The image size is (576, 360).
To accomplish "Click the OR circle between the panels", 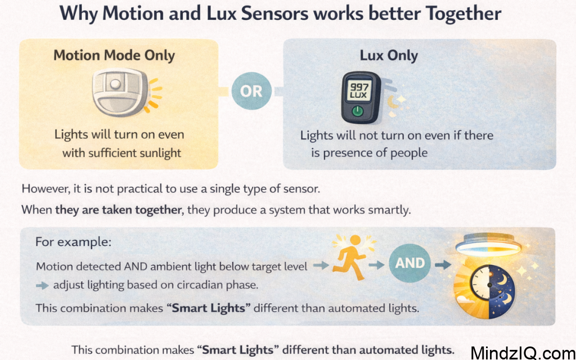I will [x=251, y=91].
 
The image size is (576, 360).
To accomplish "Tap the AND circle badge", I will [x=410, y=262].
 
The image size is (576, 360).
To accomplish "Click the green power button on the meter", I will [x=356, y=112].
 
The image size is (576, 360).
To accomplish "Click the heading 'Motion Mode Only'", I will [x=114, y=56].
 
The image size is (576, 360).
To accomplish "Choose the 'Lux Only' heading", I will [x=389, y=56].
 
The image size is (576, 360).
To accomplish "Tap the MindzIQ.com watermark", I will [x=522, y=353].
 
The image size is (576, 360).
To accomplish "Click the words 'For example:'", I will [x=73, y=242].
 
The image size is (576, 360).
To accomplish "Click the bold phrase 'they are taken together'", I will [x=119, y=210].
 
